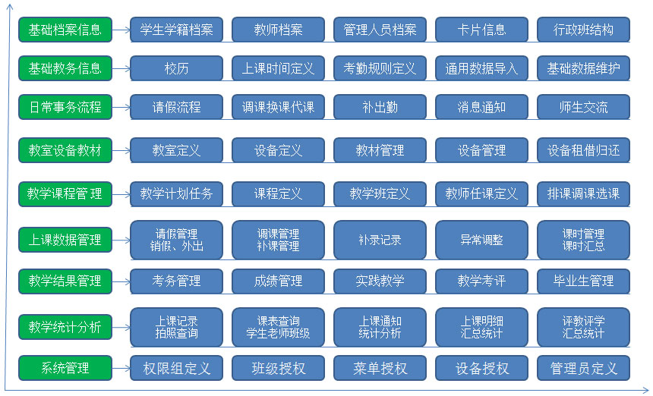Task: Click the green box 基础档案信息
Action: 65,30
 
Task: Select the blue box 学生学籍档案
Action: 177,30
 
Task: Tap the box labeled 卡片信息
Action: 482,30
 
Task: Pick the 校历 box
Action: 177,68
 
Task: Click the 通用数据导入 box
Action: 482,68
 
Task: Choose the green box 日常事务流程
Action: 65,107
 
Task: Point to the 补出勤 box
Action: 380,107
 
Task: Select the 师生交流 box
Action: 583,107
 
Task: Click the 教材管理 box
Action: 380,150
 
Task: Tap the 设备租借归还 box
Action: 583,150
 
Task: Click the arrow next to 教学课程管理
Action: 121,194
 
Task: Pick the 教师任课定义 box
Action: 482,194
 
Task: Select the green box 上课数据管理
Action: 65,240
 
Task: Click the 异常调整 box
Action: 482,240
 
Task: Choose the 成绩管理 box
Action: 278,281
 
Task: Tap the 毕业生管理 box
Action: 583,281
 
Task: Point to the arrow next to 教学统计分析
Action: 121,328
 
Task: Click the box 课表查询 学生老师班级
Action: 278,327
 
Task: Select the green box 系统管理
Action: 65,368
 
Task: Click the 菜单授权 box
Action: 380,368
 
